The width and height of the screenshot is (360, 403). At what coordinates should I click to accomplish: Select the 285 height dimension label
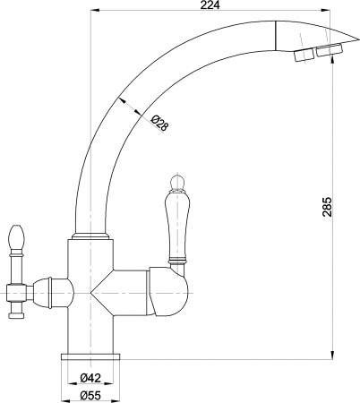pos(326,209)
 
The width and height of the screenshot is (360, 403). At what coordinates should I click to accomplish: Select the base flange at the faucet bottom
pos(90,356)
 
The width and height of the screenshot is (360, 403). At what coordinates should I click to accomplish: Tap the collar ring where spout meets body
pos(90,236)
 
